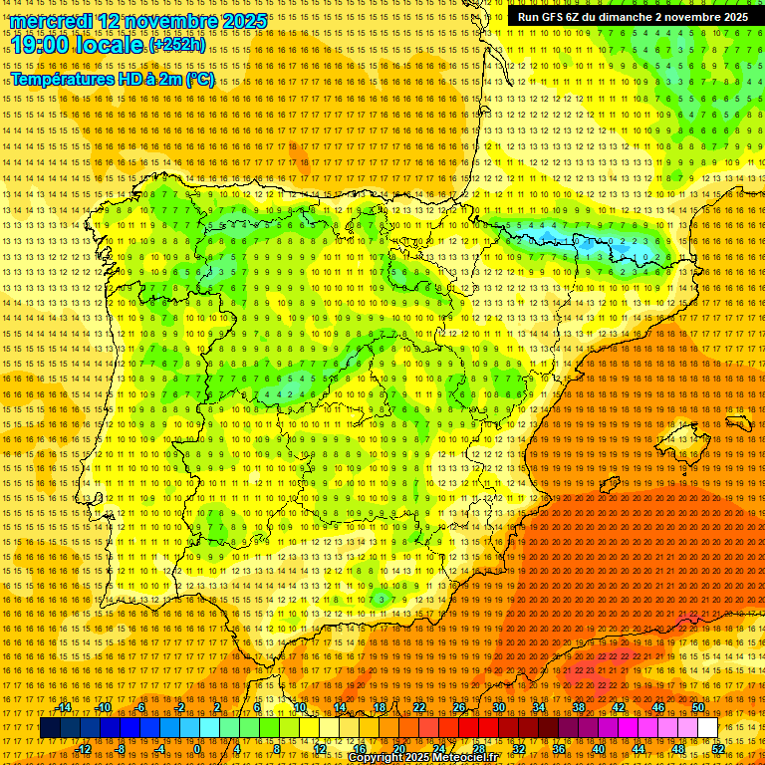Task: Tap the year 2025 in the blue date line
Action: tap(239, 21)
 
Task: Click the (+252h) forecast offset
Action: tap(177, 46)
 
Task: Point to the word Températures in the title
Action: tap(64, 80)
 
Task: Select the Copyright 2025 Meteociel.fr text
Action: tap(422, 757)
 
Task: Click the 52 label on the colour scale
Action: tap(717, 748)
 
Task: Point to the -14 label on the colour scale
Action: tap(64, 707)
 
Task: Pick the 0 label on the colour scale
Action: tap(197, 748)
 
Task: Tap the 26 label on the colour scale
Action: tap(459, 707)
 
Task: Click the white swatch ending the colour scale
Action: tap(707, 728)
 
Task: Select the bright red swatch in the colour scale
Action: tap(468, 728)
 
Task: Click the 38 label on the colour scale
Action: tap(579, 707)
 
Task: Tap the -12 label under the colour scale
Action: tap(83, 748)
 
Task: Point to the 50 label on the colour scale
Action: tap(698, 707)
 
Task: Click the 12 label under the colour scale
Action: tap(319, 748)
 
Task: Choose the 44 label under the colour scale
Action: tap(637, 748)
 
